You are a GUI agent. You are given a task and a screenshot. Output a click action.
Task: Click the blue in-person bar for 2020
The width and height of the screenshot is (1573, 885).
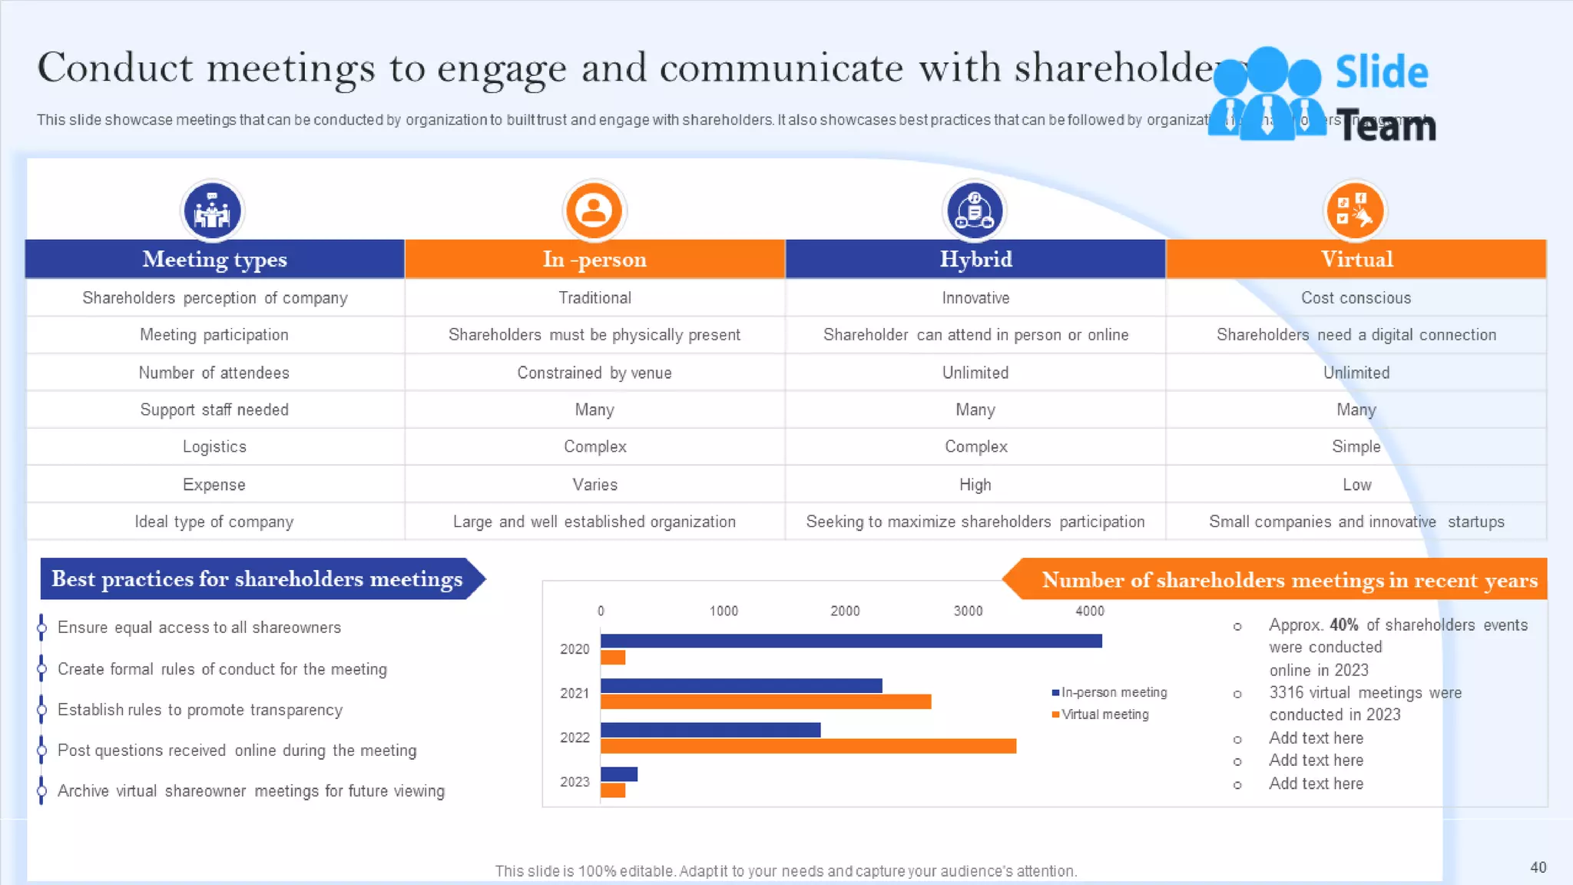tap(850, 641)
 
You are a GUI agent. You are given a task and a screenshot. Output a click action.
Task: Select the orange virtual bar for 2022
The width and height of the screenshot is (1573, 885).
tap(807, 746)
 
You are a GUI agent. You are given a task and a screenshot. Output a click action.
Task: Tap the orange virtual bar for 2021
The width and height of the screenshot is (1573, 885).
tap(765, 701)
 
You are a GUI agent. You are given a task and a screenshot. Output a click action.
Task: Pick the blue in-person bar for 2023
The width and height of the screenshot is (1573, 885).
tap(618, 774)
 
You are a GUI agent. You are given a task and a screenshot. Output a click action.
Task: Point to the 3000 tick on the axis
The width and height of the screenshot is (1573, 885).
tap(968, 611)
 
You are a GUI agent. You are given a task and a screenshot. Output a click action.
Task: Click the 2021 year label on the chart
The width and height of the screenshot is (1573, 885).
tap(574, 693)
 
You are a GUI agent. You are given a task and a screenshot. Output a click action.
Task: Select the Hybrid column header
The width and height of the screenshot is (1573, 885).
tap(975, 259)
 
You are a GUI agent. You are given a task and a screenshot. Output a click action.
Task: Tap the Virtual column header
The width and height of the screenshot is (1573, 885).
tap(1356, 259)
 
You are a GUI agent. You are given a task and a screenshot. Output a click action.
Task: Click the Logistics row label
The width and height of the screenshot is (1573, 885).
tap(214, 446)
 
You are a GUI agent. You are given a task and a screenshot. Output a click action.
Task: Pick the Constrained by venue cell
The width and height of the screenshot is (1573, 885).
tap(594, 373)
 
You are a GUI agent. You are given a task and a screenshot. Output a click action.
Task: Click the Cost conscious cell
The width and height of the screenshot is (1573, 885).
tap(1356, 298)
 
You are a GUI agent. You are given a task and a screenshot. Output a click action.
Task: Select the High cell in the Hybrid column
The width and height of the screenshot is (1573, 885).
tap(975, 485)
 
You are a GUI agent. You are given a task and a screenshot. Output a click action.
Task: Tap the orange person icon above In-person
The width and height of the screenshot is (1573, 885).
tap(594, 210)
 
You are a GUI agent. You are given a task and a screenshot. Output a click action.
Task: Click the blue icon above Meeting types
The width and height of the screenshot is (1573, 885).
tap(212, 210)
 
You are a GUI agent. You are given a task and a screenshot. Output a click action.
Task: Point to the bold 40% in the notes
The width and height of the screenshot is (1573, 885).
tap(1343, 625)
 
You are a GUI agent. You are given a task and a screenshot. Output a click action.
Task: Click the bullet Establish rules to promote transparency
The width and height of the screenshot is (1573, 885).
tap(200, 710)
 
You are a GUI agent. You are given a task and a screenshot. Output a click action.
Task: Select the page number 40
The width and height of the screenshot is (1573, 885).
tap(1538, 867)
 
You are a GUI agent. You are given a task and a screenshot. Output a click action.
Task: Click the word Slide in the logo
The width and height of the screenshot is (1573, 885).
tap(1381, 72)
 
